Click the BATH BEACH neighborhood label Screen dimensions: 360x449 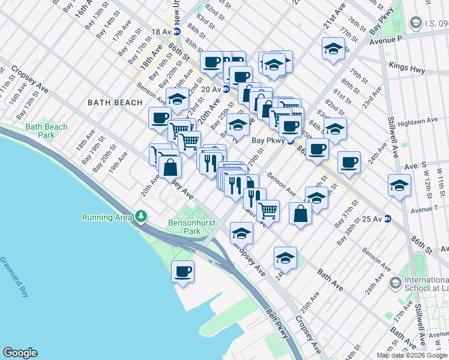(115, 103)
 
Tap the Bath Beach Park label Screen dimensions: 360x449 (46, 131)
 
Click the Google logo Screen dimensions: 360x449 (20, 353)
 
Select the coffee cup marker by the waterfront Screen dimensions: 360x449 (183, 271)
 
